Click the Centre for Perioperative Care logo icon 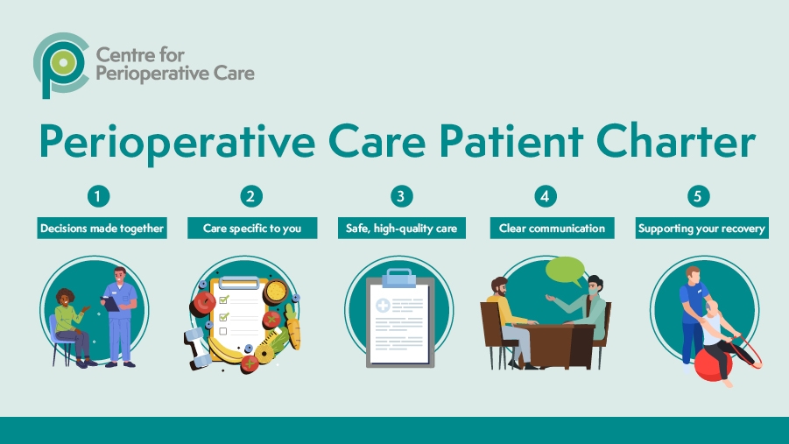[60, 63]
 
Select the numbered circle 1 [102, 196]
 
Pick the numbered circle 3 [401, 196]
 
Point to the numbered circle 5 [700, 196]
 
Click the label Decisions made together [102, 229]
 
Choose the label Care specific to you [251, 229]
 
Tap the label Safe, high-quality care [401, 229]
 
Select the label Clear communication [552, 229]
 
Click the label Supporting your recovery [701, 229]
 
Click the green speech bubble [565, 271]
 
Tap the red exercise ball [713, 364]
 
